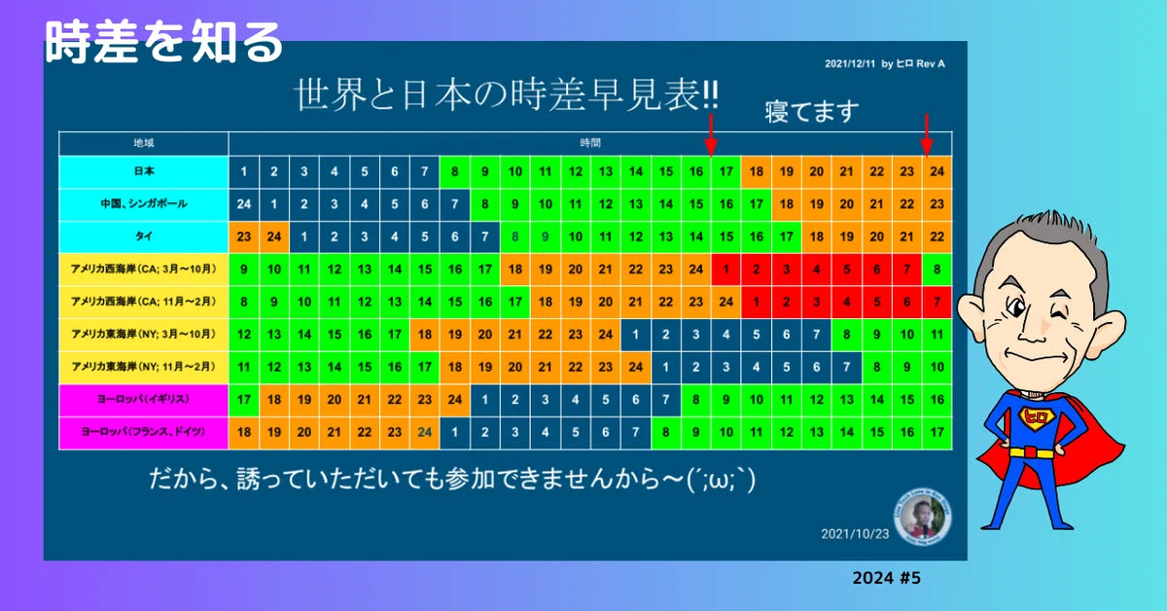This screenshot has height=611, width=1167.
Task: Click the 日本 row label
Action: (144, 171)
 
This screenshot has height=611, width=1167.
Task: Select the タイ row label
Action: (144, 236)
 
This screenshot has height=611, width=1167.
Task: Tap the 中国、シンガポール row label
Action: (144, 204)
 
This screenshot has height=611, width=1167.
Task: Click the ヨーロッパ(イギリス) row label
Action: (144, 399)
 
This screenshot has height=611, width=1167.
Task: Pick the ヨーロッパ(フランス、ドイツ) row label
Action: (144, 432)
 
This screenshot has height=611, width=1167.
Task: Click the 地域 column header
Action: (144, 143)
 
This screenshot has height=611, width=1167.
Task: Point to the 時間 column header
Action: (590, 143)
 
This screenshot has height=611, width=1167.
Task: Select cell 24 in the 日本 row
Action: (937, 171)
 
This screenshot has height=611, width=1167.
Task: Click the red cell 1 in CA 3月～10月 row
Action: (726, 270)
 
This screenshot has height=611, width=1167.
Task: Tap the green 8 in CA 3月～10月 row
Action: (937, 270)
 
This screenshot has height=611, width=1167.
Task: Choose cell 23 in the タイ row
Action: (244, 236)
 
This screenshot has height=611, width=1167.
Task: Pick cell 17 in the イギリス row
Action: (244, 400)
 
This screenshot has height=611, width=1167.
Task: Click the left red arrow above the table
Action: (711, 134)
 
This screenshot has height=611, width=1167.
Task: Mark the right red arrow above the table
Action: (926, 134)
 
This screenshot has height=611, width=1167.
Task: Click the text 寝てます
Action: (812, 111)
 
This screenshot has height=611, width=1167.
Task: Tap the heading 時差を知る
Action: (163, 42)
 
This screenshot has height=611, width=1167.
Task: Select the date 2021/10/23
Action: (855, 534)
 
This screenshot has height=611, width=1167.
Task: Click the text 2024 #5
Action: (886, 578)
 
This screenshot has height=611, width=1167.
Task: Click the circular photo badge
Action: (923, 518)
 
